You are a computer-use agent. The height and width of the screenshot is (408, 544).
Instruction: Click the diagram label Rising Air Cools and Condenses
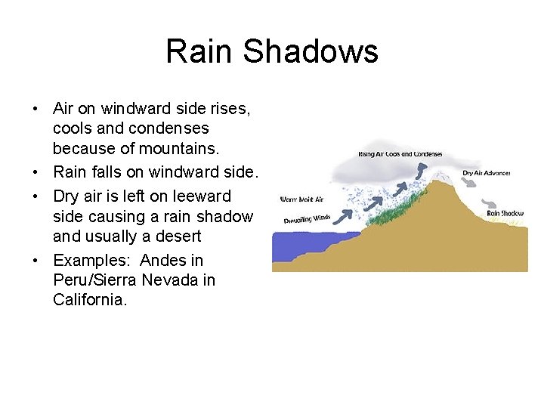400,154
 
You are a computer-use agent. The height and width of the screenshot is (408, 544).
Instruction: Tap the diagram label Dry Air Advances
486,173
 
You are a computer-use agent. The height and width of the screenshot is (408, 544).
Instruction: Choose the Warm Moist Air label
301,199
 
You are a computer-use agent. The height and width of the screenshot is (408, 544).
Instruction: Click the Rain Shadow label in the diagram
505,213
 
